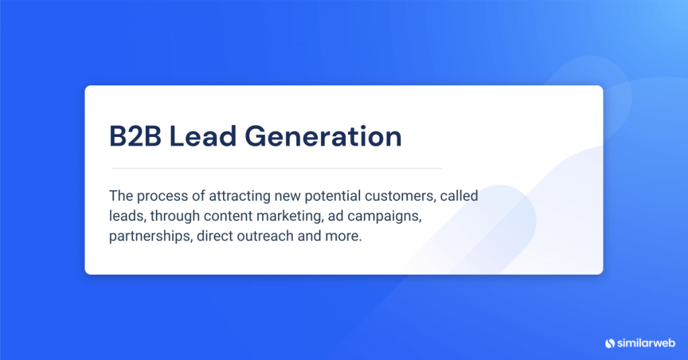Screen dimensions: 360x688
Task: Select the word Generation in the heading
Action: [322, 136]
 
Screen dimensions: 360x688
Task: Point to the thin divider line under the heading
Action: [276, 168]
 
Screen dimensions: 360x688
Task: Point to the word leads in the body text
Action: [126, 218]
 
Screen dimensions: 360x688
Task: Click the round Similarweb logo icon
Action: [610, 343]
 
